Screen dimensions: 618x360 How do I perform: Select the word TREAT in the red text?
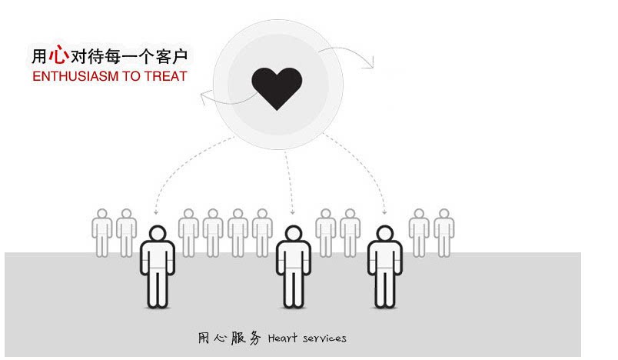pos(165,76)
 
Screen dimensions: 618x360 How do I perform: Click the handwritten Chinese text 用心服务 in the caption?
pos(229,338)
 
